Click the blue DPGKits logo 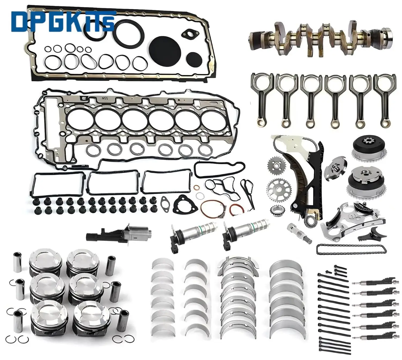[63, 21]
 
